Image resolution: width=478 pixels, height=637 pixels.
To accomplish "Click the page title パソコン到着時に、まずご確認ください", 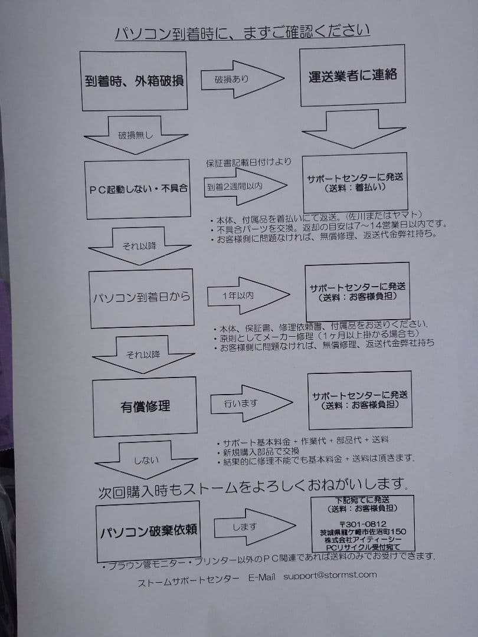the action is point(243,32).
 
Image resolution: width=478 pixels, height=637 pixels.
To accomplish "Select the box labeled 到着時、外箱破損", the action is point(134,81).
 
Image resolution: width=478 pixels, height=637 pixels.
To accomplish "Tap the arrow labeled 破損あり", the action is point(243,79).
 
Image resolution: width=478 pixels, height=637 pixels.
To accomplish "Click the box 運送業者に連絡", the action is point(352,75).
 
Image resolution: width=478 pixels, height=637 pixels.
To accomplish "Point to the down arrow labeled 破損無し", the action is point(136,135).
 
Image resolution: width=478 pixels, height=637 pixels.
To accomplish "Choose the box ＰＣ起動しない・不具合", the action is point(137,189).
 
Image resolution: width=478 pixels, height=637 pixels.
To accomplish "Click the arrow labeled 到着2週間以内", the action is point(245,186).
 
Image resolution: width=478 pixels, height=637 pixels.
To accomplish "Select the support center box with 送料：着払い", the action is point(355,183).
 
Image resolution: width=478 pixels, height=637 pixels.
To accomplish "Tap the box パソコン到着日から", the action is point(142,298).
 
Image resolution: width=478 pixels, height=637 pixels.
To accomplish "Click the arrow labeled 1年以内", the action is point(248,295).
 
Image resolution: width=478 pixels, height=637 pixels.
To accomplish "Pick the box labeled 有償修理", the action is point(145,406).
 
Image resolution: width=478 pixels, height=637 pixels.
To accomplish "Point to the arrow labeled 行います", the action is point(251,403).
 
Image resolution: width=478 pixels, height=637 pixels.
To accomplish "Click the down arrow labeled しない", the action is point(146,460).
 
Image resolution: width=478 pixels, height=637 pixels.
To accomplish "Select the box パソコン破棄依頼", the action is point(148,531).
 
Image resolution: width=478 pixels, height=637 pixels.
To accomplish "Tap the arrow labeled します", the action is point(254,527).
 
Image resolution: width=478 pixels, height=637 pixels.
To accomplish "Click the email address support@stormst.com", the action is point(330,575).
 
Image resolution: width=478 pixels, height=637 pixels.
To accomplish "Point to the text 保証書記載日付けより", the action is point(248,163).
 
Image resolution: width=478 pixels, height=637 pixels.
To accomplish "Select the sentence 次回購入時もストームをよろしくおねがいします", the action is point(253,488).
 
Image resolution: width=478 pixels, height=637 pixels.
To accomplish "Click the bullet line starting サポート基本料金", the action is point(303,441).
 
